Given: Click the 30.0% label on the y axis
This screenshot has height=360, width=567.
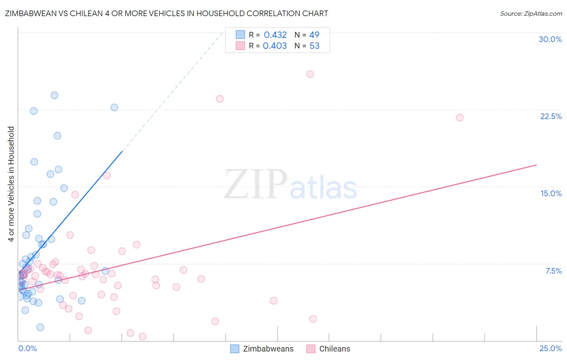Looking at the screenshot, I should tap(550, 39).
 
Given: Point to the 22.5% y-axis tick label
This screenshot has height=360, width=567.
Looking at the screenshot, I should tap(551, 116).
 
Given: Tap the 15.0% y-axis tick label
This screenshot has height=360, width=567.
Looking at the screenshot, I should tap(551, 193).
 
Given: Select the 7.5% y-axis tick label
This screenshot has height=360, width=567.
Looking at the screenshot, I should tap(553, 271).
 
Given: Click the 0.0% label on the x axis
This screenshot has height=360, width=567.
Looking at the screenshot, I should tap(27, 348).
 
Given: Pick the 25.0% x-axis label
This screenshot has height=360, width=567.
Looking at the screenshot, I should tap(550, 348).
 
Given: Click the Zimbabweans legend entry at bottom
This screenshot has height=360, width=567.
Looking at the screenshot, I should tap(268, 349).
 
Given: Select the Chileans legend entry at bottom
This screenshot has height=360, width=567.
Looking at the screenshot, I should tap(334, 349).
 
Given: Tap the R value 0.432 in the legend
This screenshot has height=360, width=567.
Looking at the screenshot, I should tap(275, 35).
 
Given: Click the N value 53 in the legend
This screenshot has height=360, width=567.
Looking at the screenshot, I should tap(314, 46).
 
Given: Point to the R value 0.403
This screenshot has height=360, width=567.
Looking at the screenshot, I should tap(275, 46).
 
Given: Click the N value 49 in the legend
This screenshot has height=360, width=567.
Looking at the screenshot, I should tap(314, 35).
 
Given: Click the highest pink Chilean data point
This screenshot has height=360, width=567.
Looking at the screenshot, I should tap(310, 74).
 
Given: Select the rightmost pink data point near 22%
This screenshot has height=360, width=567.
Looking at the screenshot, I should tap(459, 117).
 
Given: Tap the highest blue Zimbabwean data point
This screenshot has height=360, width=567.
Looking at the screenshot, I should tap(54, 95).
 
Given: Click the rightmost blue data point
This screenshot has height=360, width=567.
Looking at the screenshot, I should tap(115, 107).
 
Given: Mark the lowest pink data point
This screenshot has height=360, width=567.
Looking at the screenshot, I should tap(142, 336).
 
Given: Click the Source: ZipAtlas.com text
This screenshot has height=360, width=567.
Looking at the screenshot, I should tap(531, 14).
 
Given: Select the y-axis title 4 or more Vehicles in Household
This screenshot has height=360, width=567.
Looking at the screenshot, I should tap(11, 184).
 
